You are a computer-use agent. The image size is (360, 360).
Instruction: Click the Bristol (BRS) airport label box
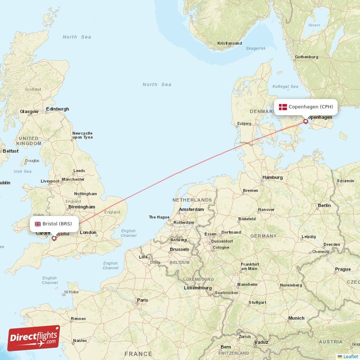coord(54,224)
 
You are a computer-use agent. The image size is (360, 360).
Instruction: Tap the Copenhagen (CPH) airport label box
coord(306,107)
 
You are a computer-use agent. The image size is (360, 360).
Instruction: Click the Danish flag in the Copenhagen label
coord(283,107)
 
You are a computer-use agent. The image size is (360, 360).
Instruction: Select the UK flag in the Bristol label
coord(38,224)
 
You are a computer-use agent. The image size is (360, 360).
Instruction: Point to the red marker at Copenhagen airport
coord(306,121)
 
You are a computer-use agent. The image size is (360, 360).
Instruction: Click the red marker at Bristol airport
coord(54,238)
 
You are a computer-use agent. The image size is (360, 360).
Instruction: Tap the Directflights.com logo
coord(33,338)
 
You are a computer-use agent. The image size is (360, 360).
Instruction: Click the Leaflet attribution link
coord(350,356)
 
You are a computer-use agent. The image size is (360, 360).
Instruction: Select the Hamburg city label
coord(272,177)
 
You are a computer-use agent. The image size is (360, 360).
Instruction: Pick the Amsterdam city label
coord(191,210)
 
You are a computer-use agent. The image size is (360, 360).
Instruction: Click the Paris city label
coord(142,300)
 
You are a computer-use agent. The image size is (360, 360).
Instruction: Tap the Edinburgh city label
coord(57,109)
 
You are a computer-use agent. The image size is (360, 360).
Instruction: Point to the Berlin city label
coord(324,205)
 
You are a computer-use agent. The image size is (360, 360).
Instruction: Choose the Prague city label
coord(342,269)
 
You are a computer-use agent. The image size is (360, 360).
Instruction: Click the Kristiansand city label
coord(229,44)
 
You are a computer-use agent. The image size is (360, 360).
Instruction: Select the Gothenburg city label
coord(306,57)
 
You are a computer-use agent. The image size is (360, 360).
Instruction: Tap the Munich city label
coord(297,318)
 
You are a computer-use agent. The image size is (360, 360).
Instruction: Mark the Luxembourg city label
coord(198,288)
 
